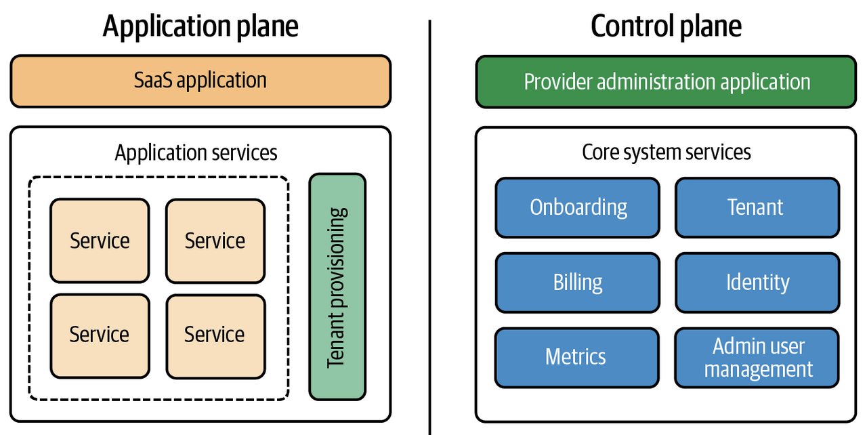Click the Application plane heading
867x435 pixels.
(200, 26)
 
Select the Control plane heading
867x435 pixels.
(666, 26)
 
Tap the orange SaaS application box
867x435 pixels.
(200, 81)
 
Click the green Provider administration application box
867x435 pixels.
(666, 82)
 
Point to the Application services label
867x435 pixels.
(196, 152)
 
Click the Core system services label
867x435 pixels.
(666, 152)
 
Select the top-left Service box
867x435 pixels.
(100, 241)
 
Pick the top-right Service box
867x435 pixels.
(215, 241)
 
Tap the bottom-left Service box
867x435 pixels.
(100, 335)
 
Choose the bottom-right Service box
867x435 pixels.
(215, 335)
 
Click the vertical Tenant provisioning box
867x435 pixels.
(337, 287)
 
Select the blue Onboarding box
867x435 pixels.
(578, 207)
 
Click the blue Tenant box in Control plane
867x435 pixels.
(757, 207)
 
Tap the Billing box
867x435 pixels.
(578, 283)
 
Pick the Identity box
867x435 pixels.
(757, 283)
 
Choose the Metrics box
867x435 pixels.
(576, 356)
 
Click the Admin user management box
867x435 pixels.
(757, 357)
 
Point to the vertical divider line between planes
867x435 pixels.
(430, 224)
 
